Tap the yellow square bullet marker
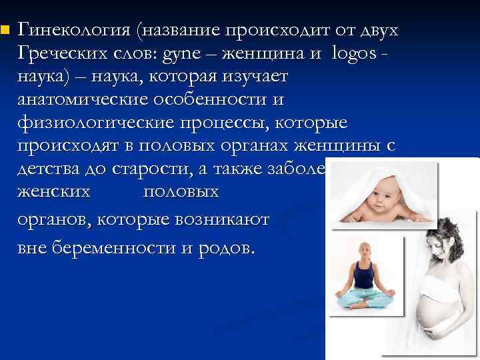coord(5,30)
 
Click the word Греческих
coord(65,54)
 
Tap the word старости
coord(161,171)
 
